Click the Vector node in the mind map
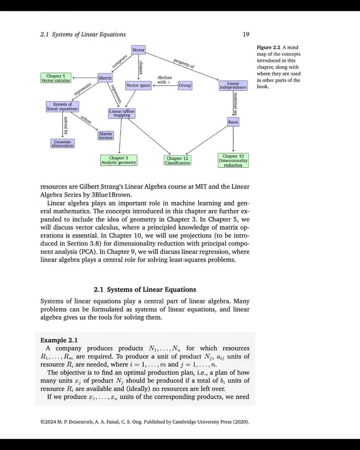(138, 50)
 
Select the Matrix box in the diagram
(105, 78)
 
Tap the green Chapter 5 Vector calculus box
(56, 78)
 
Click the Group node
(185, 85)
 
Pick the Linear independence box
(233, 85)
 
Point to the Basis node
(233, 122)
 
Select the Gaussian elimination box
(63, 143)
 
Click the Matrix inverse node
(105, 135)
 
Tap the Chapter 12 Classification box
(177, 160)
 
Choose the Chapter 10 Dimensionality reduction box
(233, 160)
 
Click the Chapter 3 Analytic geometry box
(118, 160)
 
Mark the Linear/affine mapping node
(121, 113)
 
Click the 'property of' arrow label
(184, 63)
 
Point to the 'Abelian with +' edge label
(164, 79)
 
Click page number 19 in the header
(246, 34)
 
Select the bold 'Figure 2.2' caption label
(269, 48)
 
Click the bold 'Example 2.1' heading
(58, 340)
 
